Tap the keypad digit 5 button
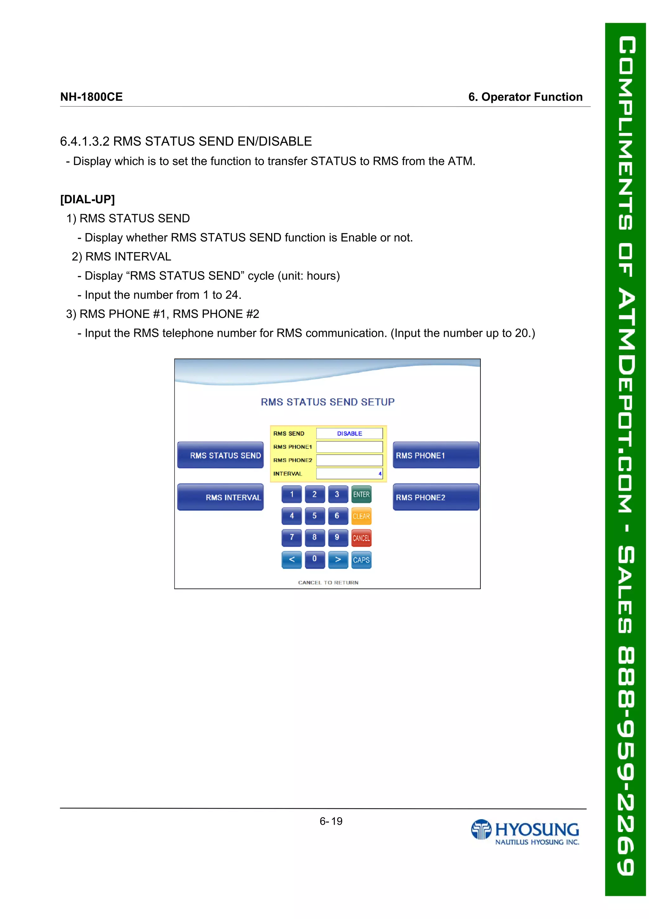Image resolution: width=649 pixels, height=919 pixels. point(314,516)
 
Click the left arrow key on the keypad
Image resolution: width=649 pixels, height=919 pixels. point(292,560)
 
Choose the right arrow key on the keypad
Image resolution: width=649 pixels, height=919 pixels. point(338,560)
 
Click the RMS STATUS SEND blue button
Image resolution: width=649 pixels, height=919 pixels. point(220,455)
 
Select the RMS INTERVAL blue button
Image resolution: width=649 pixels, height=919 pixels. point(220,497)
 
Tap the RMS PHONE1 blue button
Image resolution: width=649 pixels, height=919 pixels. point(435,455)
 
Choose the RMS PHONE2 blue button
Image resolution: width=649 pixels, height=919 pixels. point(435,497)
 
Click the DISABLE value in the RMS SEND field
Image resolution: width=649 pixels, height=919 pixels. point(349,433)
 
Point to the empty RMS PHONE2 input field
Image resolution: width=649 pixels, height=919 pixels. point(349,460)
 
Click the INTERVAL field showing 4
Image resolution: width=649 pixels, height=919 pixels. point(349,474)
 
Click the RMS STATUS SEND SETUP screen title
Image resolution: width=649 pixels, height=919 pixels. point(327,402)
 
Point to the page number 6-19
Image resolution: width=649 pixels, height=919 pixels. point(331,821)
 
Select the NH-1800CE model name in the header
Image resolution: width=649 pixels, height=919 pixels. point(91,97)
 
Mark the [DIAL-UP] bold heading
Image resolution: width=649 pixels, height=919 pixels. point(87,199)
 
